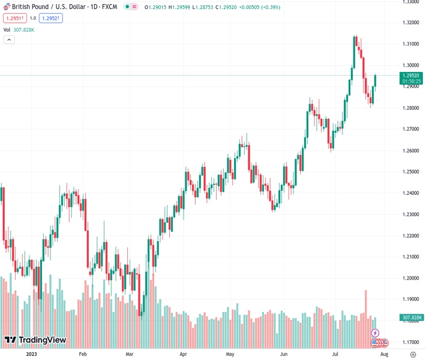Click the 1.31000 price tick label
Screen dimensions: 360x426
[x=411, y=44]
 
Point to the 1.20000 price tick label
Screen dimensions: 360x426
[x=411, y=278]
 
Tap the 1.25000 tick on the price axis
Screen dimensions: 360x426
[x=411, y=172]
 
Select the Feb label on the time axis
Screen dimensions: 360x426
[x=83, y=354]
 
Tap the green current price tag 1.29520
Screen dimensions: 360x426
[x=412, y=76]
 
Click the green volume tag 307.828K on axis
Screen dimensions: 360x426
[x=412, y=317]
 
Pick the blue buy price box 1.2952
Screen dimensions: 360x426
[x=51, y=18]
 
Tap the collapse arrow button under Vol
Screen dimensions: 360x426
[x=9, y=40]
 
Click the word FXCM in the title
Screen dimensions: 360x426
[x=110, y=7]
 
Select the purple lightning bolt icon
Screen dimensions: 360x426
[x=376, y=333]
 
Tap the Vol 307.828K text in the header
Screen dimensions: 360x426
[x=19, y=29]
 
